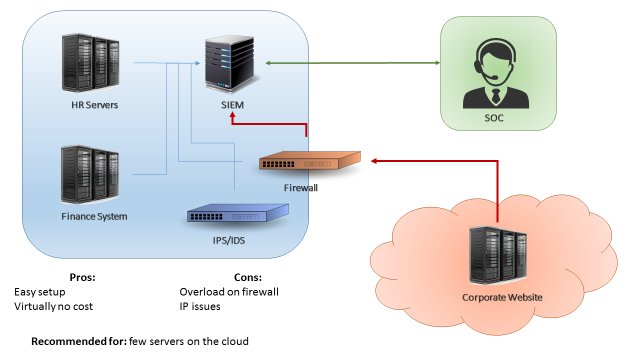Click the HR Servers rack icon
tap(90, 63)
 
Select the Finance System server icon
tap(90, 175)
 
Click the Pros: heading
tap(82, 277)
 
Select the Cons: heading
tap(247, 277)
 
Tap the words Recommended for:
tap(78, 341)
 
